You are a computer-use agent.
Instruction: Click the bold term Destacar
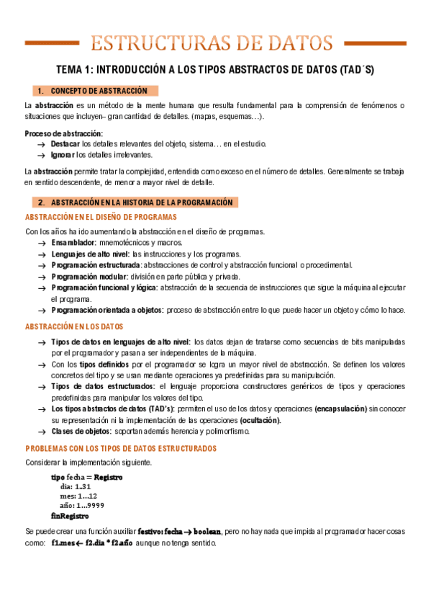coord(65,144)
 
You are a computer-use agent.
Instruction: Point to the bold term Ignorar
coord(63,154)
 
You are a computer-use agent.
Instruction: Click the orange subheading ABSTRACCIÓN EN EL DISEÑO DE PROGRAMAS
coord(101,217)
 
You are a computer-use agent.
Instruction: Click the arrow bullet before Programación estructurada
coord(42,265)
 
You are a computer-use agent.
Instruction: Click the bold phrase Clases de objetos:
coord(81,432)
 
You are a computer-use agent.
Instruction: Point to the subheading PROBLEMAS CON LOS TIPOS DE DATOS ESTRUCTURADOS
coord(120,448)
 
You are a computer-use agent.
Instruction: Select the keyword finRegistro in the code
coord(70,517)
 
